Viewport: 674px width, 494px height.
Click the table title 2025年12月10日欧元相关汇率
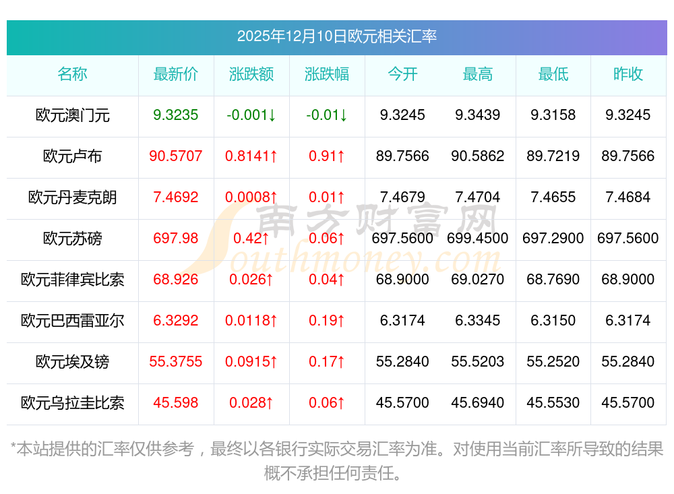click(336, 36)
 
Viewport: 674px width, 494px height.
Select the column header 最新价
click(176, 74)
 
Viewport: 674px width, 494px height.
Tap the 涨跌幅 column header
click(327, 74)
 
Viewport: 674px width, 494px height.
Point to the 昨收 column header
click(628, 74)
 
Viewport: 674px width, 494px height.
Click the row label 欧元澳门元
click(73, 115)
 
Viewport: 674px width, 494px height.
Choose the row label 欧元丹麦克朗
click(73, 197)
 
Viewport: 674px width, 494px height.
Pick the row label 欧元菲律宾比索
click(73, 280)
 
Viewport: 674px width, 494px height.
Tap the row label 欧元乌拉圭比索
click(73, 403)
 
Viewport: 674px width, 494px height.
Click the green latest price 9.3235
click(176, 115)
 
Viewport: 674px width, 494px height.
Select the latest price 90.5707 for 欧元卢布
click(176, 156)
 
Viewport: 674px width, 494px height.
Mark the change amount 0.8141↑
click(251, 156)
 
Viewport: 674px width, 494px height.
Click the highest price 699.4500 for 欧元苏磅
click(478, 239)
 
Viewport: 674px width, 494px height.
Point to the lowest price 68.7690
click(553, 280)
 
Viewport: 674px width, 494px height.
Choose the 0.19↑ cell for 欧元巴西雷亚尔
click(327, 321)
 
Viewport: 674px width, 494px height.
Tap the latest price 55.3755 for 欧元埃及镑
click(176, 362)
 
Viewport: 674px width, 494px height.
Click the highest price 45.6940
click(478, 403)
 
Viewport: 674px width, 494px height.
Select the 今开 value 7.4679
click(402, 197)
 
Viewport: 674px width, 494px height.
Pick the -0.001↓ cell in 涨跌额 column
click(251, 115)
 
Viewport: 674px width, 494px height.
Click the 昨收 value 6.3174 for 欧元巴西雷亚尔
click(628, 321)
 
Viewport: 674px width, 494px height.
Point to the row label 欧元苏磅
click(73, 239)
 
